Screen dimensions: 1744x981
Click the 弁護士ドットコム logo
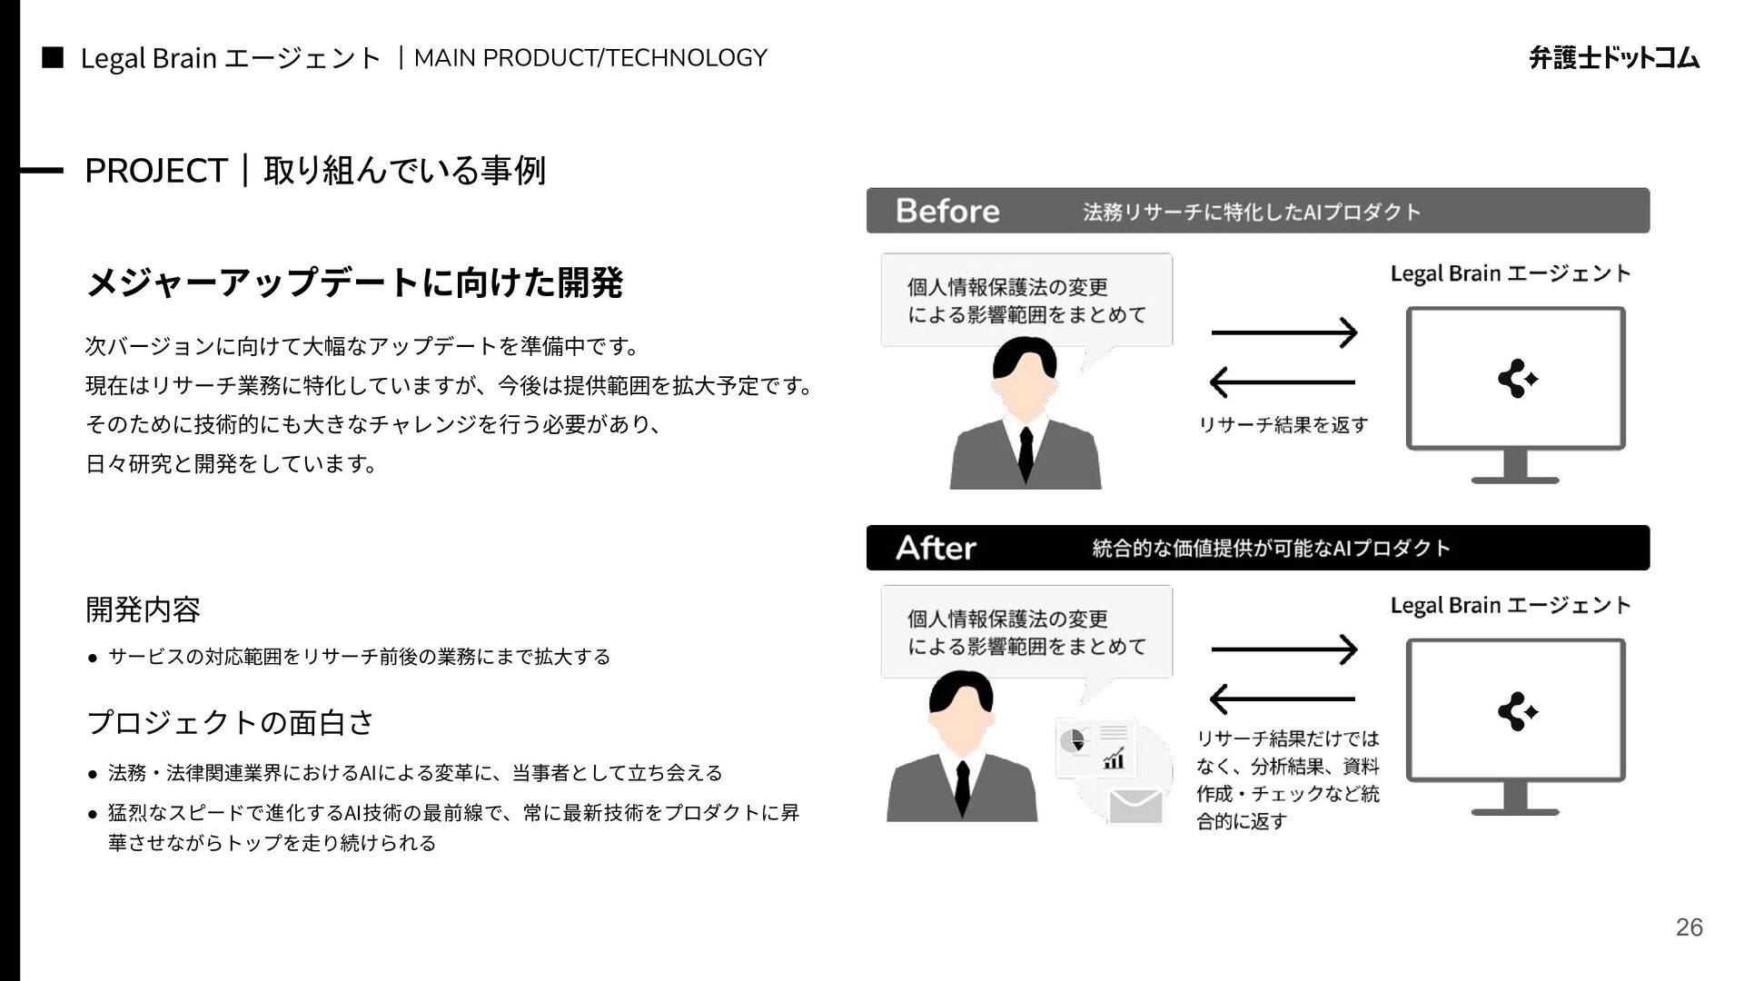[1614, 58]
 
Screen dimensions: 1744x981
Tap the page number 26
[1689, 927]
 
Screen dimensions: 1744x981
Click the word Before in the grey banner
[947, 211]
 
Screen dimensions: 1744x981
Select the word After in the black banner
[936, 548]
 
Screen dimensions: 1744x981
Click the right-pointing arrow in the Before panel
[1284, 332]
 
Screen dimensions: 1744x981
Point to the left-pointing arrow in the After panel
[1283, 699]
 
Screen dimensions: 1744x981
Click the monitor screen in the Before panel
[1515, 377]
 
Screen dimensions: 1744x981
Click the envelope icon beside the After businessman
[1135, 805]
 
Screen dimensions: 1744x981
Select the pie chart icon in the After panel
[1075, 741]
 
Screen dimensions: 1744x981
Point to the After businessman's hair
[961, 692]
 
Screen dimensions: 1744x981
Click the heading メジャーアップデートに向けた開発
[354, 282]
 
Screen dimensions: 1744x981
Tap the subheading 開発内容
[143, 609]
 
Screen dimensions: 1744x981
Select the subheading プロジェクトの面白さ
[230, 723]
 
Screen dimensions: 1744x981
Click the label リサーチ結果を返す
[1283, 424]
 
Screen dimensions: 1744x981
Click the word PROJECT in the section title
[155, 171]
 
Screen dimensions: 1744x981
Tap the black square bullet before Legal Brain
[53, 58]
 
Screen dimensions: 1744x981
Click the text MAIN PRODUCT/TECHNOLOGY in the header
[590, 58]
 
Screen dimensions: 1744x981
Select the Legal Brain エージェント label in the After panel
[1511, 606]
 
